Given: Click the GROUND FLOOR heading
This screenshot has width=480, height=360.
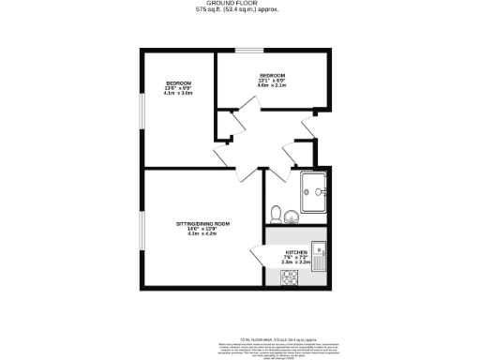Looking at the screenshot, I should [240, 3].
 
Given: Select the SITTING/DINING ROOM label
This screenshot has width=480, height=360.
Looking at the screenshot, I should [202, 224].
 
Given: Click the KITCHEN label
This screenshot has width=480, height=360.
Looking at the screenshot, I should [296, 253].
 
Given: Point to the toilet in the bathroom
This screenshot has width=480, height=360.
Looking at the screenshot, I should [276, 212].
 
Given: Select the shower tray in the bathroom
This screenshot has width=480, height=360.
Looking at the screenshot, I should [314, 193].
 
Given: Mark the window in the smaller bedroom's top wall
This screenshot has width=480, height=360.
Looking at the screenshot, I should [248, 51].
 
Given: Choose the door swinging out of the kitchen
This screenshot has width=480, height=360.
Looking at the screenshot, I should [258, 253].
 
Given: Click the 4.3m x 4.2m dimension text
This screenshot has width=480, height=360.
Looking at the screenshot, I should [202, 233].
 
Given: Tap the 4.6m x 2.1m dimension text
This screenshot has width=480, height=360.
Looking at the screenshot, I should [272, 85].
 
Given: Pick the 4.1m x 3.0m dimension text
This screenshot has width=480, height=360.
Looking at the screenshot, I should [178, 94].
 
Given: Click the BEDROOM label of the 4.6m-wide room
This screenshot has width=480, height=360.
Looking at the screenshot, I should [272, 74].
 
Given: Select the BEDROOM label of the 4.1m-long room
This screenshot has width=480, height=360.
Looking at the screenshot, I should [178, 82].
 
